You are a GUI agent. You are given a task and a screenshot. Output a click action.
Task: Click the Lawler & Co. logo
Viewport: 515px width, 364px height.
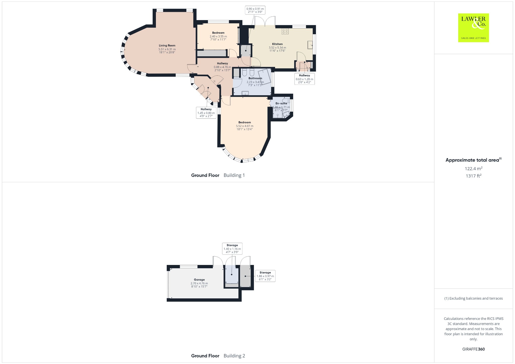473,28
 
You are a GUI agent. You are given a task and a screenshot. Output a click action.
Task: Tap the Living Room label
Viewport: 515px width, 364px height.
167,46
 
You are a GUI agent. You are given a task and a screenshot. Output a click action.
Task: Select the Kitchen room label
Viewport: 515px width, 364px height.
277,44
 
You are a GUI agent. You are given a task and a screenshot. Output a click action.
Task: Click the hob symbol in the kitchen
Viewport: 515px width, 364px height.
285,31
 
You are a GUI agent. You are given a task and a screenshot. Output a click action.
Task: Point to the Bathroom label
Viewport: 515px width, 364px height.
255,78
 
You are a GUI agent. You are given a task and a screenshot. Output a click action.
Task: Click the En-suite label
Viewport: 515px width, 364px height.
281,103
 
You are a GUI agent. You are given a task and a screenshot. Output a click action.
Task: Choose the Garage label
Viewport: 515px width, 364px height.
199,280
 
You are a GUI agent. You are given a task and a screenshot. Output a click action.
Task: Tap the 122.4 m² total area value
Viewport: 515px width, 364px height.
474,168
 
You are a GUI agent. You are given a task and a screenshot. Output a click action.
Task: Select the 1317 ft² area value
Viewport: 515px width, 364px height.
474,176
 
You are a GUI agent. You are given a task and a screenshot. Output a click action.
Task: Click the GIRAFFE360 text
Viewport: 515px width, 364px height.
474,349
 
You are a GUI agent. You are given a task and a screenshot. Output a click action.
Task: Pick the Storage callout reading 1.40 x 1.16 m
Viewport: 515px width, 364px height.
232,249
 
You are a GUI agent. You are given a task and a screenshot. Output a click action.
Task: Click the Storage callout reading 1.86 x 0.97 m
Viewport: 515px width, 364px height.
265,276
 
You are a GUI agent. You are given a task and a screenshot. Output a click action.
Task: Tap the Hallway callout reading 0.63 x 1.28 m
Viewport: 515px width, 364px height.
305,79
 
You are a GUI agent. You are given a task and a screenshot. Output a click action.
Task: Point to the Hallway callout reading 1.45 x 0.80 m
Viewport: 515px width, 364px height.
206,113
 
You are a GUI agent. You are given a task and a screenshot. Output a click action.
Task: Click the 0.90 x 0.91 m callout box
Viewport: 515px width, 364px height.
255,10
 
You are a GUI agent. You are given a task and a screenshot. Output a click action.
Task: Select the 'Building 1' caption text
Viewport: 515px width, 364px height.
234,175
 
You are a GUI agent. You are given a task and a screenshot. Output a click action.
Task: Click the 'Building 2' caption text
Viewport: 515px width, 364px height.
234,356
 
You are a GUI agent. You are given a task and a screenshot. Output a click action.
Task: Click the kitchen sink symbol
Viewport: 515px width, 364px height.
310,45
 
